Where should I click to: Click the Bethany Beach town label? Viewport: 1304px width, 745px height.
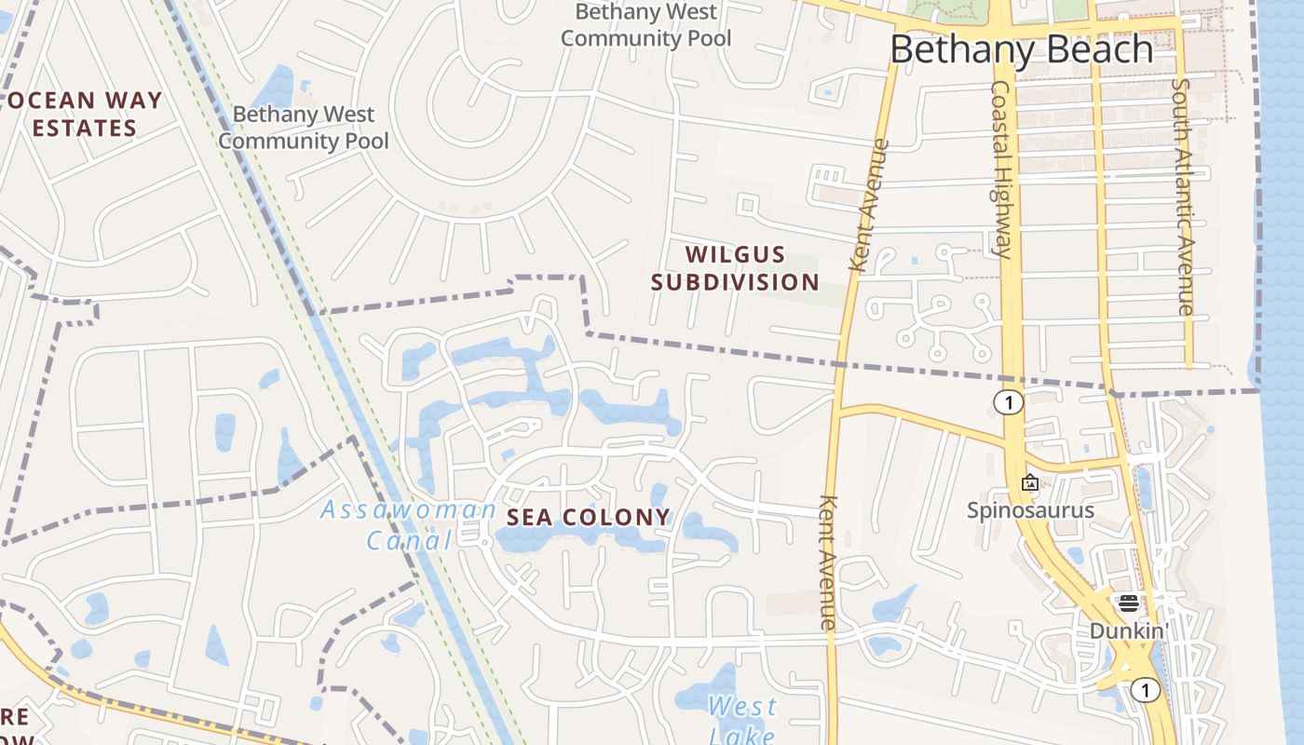click(1022, 49)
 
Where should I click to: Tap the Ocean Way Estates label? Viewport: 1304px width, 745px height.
click(85, 114)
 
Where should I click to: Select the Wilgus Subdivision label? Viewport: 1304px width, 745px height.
click(735, 268)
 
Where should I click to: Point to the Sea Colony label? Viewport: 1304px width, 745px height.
click(588, 517)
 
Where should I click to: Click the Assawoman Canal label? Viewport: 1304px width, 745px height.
click(408, 524)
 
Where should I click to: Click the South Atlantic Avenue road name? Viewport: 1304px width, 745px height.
click(1182, 196)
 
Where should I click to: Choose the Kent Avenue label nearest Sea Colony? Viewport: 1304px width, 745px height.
click(828, 561)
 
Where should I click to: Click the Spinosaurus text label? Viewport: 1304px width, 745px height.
click(1030, 509)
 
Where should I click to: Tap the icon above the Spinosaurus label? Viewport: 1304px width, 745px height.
click(1030, 482)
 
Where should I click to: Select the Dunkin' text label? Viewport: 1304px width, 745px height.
click(1129, 630)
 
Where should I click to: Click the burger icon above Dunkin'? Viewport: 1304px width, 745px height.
click(1129, 603)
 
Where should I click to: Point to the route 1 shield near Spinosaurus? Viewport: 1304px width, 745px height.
click(1008, 402)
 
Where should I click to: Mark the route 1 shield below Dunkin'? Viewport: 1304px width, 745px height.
click(1145, 690)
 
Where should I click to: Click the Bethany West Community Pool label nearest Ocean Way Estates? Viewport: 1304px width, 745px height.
click(304, 128)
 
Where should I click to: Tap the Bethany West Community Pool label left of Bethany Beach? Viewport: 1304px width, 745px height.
click(646, 25)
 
